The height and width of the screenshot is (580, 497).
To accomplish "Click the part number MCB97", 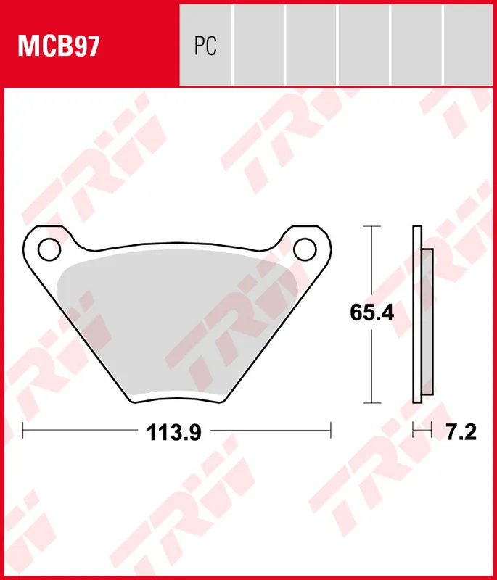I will coord(59,46).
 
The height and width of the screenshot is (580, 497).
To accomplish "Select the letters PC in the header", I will coord(205,46).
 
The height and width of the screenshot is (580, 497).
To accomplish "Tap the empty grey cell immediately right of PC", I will coord(258,43).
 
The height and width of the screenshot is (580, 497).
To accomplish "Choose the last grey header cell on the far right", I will coord(469,43).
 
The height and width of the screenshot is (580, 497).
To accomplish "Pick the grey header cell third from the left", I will coord(311,43).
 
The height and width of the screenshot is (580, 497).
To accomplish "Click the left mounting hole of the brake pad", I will coord(49,250).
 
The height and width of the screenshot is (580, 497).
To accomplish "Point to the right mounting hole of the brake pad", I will coord(305,249).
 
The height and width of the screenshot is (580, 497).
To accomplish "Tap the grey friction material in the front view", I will coord(174,319).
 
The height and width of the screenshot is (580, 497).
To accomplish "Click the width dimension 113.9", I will coord(174,433).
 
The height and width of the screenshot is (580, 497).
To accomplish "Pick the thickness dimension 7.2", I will coord(460,433).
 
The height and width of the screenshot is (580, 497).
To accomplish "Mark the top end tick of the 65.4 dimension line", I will coord(371,226).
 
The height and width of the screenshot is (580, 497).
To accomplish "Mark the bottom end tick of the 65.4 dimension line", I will coord(371,402).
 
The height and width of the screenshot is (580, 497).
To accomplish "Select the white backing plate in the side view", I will coord(416,313).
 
